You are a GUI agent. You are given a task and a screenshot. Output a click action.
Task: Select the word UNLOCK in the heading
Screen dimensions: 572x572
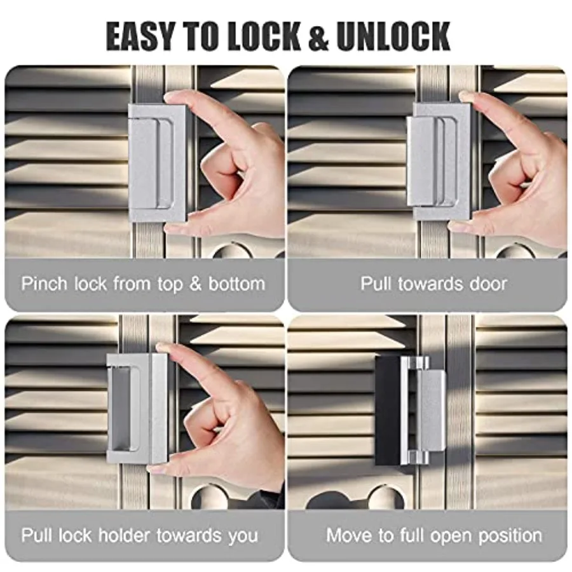[393, 36]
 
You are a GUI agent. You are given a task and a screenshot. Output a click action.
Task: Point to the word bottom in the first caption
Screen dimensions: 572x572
[236, 284]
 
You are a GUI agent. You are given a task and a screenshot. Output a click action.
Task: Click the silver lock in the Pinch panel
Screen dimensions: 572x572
[158, 163]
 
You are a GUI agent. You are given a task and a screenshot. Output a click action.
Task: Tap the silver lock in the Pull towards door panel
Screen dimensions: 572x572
[438, 161]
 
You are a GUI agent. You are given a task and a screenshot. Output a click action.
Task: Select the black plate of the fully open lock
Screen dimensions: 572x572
[388, 411]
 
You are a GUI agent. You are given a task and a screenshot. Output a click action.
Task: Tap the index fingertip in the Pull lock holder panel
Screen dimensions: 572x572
[164, 348]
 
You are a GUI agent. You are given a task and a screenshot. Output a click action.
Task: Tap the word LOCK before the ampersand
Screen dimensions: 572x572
[264, 36]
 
